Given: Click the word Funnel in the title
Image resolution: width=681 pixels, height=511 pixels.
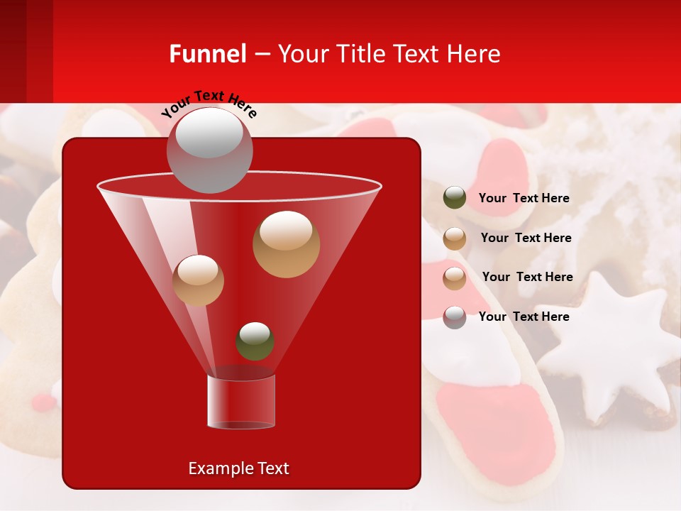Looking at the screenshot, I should click(208, 54).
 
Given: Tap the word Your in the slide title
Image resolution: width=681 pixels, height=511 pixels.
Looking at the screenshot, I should click(303, 54).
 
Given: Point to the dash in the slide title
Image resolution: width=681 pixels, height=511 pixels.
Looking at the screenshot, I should click(261, 54).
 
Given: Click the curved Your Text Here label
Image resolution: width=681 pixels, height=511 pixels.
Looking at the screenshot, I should click(209, 104).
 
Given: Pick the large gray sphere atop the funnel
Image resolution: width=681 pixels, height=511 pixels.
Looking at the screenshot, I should click(209, 151).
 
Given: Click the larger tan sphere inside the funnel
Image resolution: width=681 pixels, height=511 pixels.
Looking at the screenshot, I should click(286, 244).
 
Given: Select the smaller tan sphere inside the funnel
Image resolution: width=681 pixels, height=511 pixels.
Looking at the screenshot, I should click(198, 280).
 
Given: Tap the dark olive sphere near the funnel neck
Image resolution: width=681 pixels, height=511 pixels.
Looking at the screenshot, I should click(255, 341).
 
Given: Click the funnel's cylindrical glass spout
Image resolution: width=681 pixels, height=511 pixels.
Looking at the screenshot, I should click(241, 402).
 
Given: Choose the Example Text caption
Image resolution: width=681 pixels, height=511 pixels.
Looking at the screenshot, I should click(238, 468).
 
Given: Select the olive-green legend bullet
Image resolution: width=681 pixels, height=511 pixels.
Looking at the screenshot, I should click(455, 198).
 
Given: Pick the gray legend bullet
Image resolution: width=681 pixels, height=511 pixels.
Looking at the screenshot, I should click(455, 317).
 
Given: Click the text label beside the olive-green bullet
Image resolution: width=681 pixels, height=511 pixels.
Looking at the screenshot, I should click(524, 198).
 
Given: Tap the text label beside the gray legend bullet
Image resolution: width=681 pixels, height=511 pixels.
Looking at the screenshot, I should click(524, 317).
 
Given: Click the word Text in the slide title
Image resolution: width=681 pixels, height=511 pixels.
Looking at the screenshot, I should click(417, 54).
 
